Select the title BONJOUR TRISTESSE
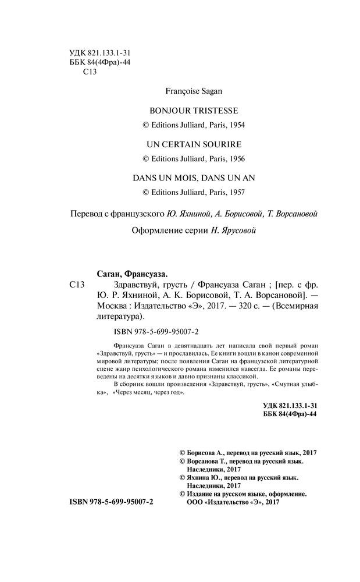190,110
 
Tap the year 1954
229,125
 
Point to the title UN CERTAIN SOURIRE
190,143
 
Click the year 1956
229,158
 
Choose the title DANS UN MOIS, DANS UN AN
190,176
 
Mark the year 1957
229,191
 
